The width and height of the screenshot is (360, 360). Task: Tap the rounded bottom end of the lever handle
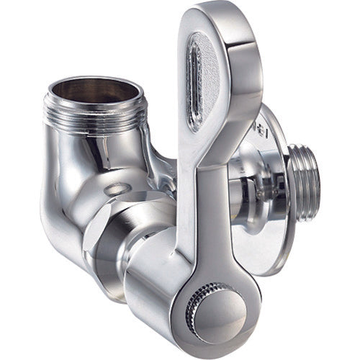point(209,335)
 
